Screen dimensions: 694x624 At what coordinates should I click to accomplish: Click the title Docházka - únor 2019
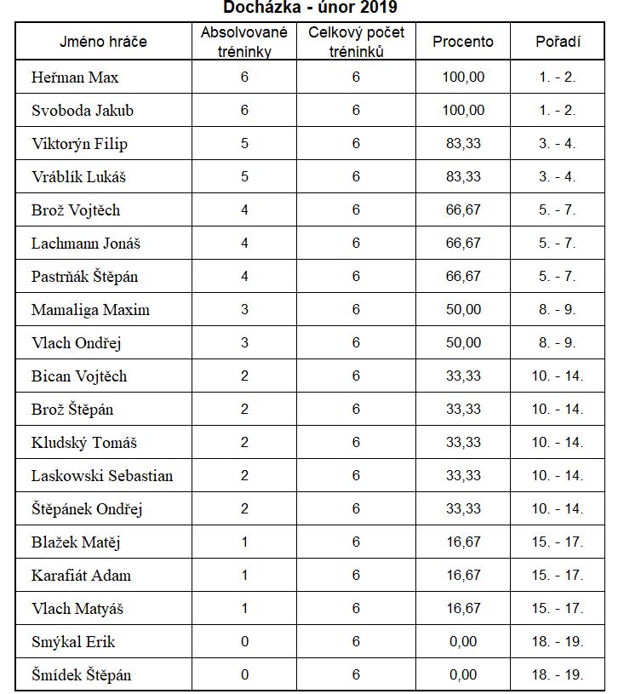coord(310,8)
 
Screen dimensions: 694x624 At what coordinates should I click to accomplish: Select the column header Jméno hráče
coord(103,42)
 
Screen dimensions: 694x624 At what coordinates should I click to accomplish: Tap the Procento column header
coord(463,42)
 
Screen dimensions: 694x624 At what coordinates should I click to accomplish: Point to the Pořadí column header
coord(558,42)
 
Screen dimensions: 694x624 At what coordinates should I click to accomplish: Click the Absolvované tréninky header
coord(244,42)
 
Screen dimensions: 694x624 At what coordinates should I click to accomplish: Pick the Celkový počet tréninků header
coord(356,42)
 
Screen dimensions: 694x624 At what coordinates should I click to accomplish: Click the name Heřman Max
coord(75,77)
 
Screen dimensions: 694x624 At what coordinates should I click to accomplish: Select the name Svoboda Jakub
coord(83,111)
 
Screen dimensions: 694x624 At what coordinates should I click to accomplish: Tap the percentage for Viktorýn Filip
coord(463,144)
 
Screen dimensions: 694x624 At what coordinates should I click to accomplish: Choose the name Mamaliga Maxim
coord(90,310)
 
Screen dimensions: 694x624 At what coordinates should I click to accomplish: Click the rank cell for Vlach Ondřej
coord(558,343)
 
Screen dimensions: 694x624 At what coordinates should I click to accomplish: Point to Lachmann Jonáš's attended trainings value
coord(244,244)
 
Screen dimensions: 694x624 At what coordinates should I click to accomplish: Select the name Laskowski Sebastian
coord(102,476)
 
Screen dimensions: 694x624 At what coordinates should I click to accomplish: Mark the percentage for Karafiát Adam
coord(463,576)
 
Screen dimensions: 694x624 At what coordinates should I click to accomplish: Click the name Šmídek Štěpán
coord(82,675)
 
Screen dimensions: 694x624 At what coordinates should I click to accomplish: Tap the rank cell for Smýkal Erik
coord(558,642)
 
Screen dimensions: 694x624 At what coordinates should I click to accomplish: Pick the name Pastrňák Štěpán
coord(84,277)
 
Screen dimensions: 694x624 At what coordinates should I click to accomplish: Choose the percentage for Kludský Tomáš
coord(463,443)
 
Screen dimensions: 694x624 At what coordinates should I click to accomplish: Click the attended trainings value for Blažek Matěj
coord(244,542)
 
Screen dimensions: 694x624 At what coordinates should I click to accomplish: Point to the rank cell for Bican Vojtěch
coord(558,376)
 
